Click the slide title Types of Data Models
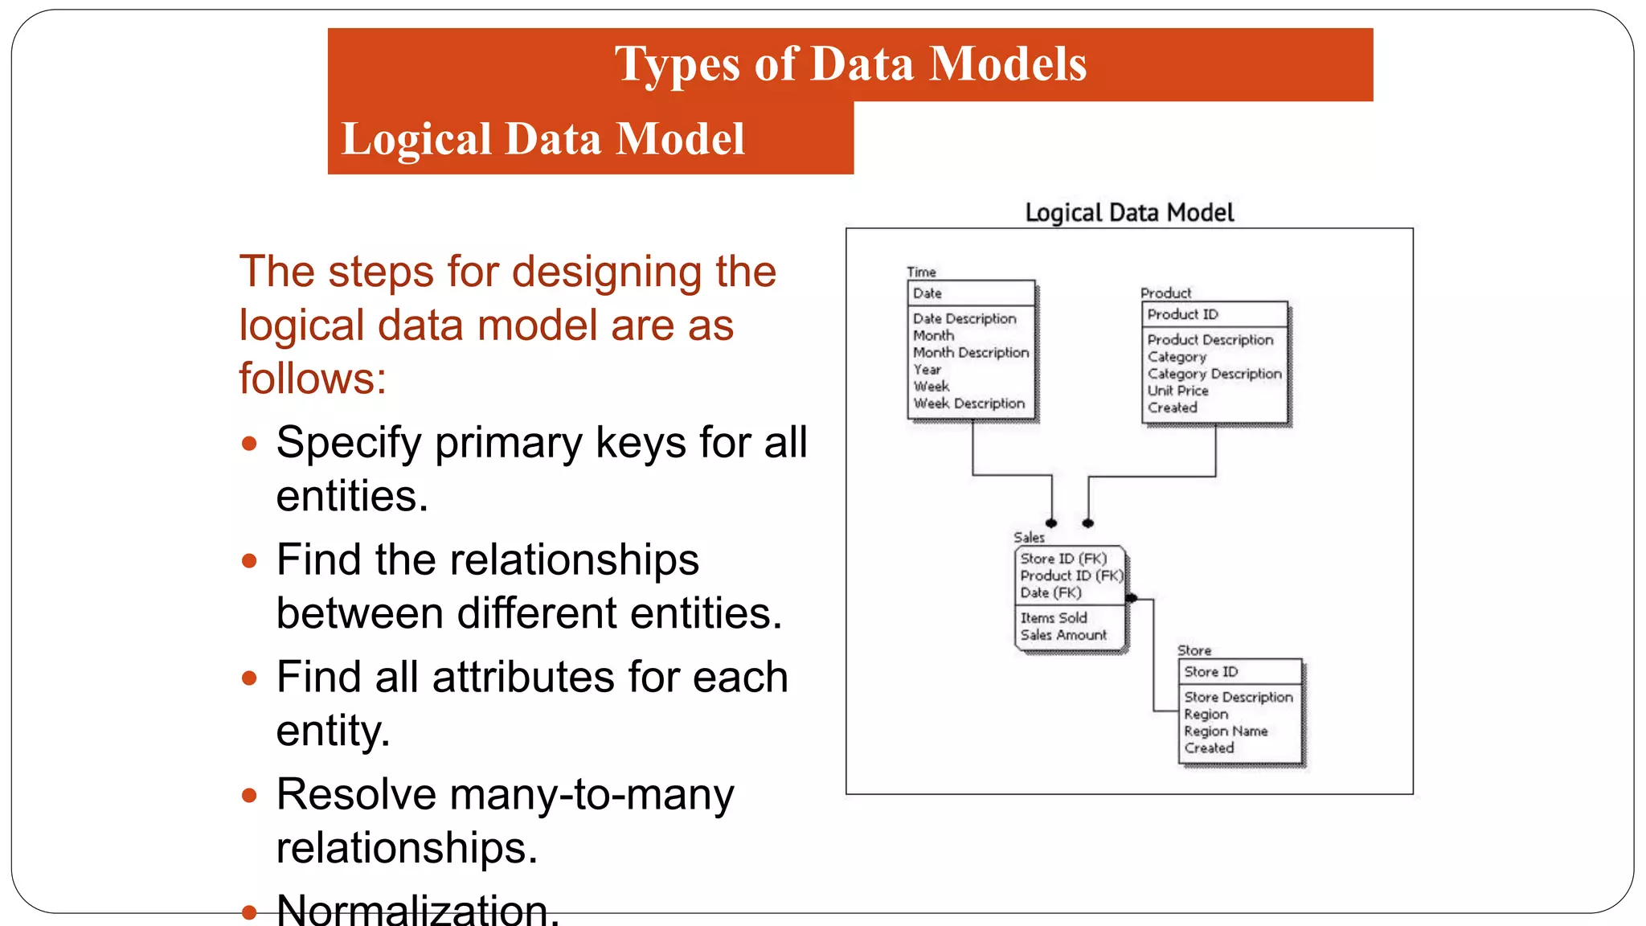click(850, 64)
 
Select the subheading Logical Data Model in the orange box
click(543, 138)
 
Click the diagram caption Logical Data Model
click(1128, 213)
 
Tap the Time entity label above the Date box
click(921, 272)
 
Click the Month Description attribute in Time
click(970, 353)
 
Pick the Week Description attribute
click(968, 404)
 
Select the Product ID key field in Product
click(1182, 314)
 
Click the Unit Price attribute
click(1177, 391)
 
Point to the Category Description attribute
click(1214, 374)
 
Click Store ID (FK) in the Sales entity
click(1063, 559)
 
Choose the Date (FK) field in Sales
click(1050, 593)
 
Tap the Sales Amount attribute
click(1063, 635)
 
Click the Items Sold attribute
click(1053, 618)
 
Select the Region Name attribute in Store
click(1225, 731)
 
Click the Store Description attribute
click(1238, 697)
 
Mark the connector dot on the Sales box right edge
click(1132, 598)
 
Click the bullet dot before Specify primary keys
click(249, 444)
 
